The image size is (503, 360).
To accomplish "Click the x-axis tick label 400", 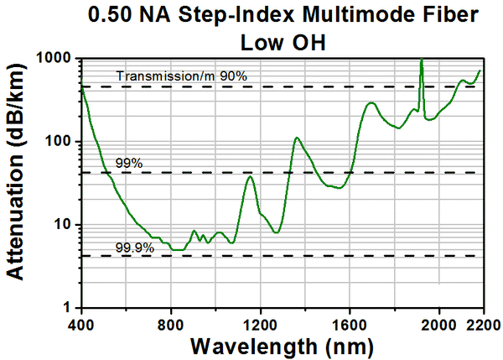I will (81, 324).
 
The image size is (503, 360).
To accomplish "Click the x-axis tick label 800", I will (171, 324).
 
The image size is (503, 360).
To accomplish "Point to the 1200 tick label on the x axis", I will (261, 324).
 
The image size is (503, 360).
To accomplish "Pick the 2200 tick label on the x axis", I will (481, 324).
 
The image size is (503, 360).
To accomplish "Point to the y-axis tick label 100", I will (61, 142).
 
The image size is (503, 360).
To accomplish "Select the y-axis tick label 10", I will (65, 225).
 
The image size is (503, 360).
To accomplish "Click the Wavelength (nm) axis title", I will (283, 346).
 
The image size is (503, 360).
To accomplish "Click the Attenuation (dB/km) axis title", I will (18, 185).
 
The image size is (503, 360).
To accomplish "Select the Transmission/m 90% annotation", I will (182, 77).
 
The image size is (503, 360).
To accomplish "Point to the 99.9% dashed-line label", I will (132, 247).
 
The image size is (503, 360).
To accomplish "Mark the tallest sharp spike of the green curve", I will (421, 60).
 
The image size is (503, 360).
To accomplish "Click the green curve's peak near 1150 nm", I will (249, 176).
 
